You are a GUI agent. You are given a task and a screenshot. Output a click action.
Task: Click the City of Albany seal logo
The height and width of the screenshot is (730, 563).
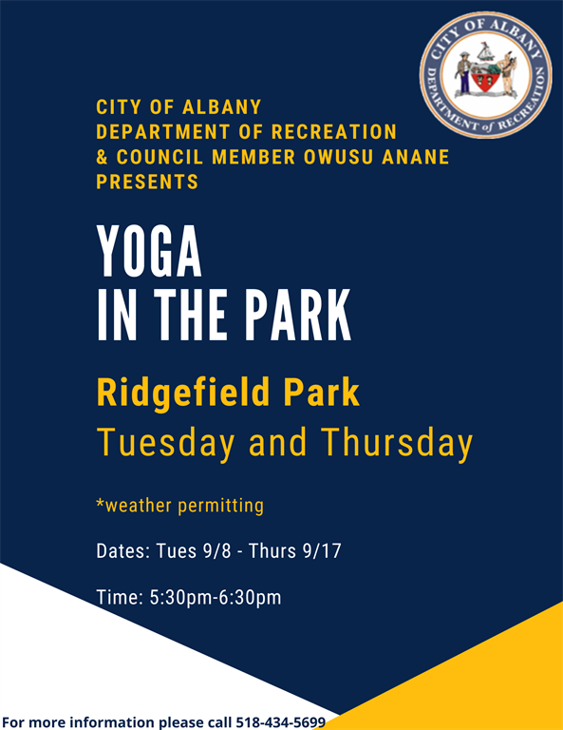tap(486, 75)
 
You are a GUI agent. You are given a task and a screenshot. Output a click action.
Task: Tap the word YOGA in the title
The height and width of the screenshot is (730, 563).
tap(149, 251)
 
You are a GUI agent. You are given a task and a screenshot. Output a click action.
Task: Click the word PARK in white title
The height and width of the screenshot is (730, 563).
tap(298, 316)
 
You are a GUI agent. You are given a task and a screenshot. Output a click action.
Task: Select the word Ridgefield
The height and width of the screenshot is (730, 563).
tap(183, 394)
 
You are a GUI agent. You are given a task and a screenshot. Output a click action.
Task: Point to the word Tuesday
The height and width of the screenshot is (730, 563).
tap(165, 442)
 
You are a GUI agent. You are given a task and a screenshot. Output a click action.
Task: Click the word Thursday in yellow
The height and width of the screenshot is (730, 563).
tap(397, 442)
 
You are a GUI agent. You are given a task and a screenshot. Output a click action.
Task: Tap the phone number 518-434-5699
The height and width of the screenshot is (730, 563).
tap(281, 722)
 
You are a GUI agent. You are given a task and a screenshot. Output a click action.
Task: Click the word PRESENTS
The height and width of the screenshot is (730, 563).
tap(147, 182)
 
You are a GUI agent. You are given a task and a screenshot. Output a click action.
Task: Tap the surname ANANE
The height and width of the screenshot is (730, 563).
tap(415, 157)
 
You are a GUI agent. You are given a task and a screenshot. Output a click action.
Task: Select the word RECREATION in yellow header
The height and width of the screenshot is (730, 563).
tap(334, 132)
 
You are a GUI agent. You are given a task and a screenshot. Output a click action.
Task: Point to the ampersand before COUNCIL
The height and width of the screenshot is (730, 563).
tap(102, 157)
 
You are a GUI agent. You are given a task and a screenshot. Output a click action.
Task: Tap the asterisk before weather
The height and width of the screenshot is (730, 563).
tap(100, 502)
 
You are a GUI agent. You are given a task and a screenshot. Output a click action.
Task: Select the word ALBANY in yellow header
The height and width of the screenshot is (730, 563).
tap(222, 107)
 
